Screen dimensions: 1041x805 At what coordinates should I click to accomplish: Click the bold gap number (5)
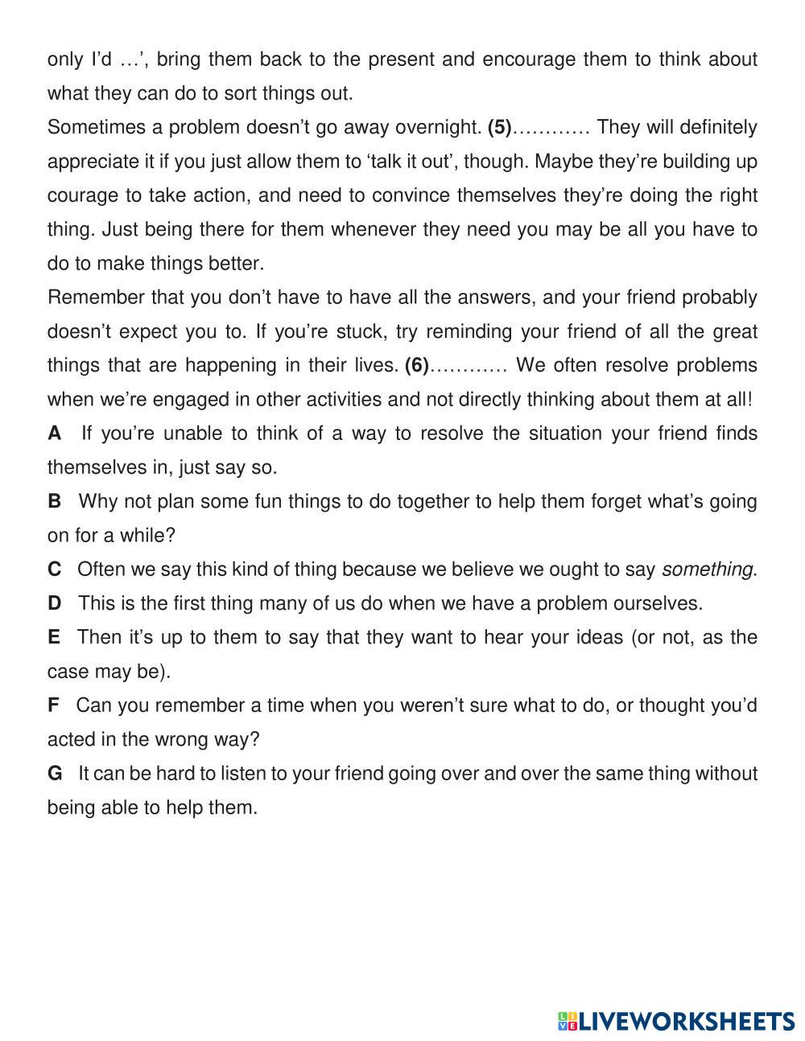click(x=500, y=128)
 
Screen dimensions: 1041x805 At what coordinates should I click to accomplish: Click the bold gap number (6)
click(x=417, y=366)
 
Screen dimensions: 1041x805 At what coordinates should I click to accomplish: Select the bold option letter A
click(x=55, y=434)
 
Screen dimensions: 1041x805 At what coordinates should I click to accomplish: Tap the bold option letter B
click(x=55, y=502)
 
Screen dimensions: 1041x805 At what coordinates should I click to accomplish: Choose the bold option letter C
click(x=55, y=570)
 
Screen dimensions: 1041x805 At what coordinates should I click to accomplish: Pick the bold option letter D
click(x=55, y=603)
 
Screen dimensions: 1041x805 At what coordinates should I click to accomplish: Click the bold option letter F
click(x=54, y=706)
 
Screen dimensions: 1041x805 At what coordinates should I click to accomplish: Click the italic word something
click(x=707, y=570)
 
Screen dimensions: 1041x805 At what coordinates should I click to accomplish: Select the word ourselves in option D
click(x=657, y=603)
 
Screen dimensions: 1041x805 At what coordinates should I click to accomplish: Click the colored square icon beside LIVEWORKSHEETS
click(x=568, y=1022)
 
